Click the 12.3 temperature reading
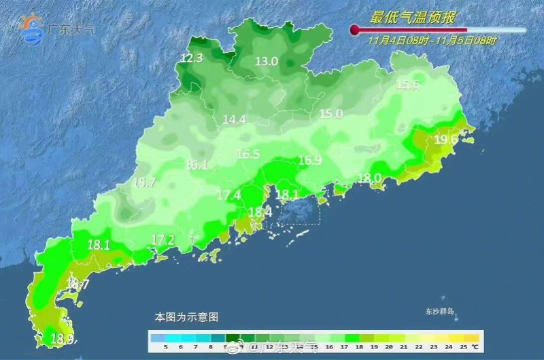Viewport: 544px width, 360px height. click(192, 59)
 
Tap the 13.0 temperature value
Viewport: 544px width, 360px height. click(267, 61)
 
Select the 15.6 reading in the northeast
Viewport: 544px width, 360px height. click(407, 84)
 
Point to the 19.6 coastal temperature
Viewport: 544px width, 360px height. click(445, 140)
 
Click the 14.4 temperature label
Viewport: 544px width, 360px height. click(234, 120)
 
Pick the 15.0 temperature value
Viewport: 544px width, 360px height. click(331, 114)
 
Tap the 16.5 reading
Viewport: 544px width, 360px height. click(248, 154)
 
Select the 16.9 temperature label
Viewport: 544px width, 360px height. click(309, 161)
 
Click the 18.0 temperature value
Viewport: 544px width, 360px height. click(369, 178)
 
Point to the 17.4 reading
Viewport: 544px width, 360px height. click(229, 195)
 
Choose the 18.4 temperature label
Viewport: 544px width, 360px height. click(260, 212)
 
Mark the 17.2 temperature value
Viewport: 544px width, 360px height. click(163, 240)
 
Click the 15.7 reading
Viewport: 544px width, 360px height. click(144, 182)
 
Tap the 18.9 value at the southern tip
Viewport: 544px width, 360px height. click(64, 338)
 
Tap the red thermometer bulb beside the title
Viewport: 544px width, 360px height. click(354, 29)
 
